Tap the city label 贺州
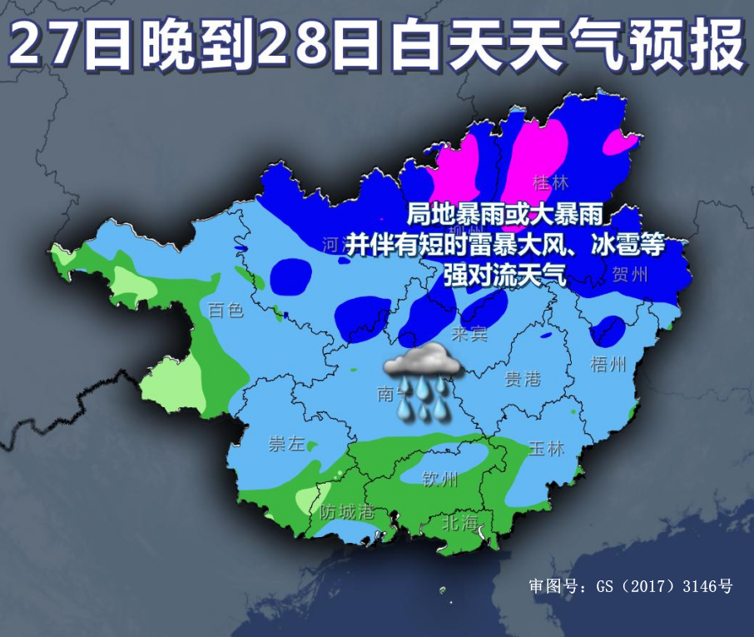[629, 273]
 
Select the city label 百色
[225, 311]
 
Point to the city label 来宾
[469, 334]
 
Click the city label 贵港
[523, 380]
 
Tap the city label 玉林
[546, 448]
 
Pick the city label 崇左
[286, 444]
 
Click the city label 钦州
[440, 479]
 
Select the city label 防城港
[348, 511]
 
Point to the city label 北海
[461, 523]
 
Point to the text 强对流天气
[504, 274]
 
